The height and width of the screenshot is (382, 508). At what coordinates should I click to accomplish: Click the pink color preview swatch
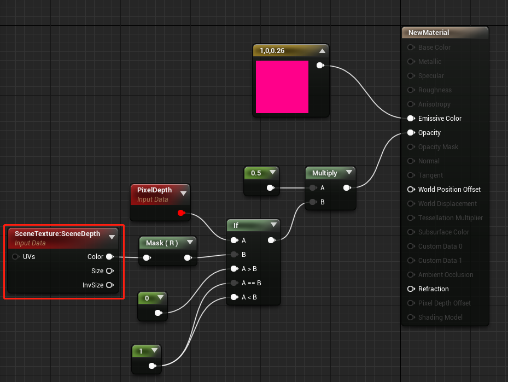click(x=282, y=87)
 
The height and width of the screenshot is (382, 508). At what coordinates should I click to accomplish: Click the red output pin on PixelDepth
click(x=181, y=213)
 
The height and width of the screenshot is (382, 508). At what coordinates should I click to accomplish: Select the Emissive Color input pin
click(x=411, y=118)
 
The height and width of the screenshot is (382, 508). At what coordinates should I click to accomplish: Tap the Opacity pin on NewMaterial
click(x=411, y=132)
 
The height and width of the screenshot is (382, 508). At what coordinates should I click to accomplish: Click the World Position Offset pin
click(x=411, y=189)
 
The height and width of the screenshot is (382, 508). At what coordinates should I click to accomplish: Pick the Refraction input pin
click(x=411, y=289)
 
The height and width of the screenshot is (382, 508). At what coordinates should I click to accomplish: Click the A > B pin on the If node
click(x=234, y=268)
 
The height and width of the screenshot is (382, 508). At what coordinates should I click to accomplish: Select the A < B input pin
click(x=234, y=297)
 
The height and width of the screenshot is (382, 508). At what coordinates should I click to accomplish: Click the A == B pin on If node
click(x=234, y=283)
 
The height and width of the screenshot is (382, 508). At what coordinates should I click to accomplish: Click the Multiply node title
click(x=325, y=173)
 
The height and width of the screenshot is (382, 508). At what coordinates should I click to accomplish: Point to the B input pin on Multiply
click(x=312, y=202)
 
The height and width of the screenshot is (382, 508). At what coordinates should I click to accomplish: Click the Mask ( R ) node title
click(x=162, y=243)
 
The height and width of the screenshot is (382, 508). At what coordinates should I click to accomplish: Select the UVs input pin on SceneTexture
click(x=15, y=256)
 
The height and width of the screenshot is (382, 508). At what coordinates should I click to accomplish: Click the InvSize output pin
click(x=109, y=285)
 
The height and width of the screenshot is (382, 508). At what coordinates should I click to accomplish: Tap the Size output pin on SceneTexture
click(x=109, y=271)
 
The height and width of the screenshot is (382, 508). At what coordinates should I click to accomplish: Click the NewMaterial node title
click(x=429, y=32)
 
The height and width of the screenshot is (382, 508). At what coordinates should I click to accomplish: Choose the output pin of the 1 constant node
click(x=152, y=366)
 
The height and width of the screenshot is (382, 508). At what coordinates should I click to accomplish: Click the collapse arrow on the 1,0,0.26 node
click(x=322, y=51)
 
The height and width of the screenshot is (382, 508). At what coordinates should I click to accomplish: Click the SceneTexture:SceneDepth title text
click(x=57, y=233)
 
